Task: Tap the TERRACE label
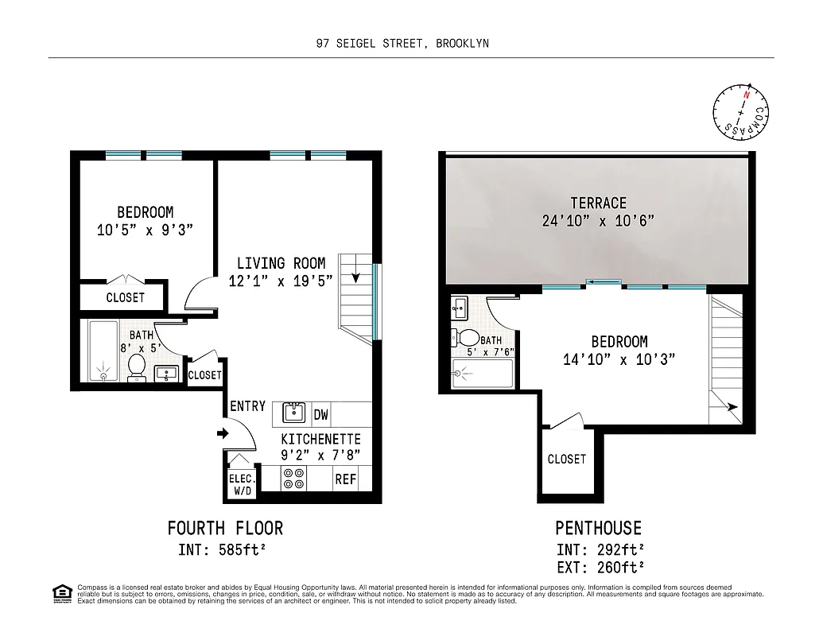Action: [x=598, y=203]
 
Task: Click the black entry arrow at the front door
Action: [x=223, y=434]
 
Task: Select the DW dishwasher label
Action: [x=321, y=414]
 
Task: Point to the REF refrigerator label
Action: [x=345, y=479]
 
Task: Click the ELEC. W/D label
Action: [x=242, y=484]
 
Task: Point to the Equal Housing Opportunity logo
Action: [x=60, y=593]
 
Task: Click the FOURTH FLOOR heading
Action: [x=225, y=528]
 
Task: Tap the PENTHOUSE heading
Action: [x=598, y=528]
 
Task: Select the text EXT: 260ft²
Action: [x=600, y=567]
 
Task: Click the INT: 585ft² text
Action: [x=224, y=549]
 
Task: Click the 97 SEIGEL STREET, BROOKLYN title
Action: [x=402, y=44]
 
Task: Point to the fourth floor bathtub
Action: [x=103, y=351]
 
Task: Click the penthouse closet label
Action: [x=566, y=459]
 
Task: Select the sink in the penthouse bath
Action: [x=460, y=308]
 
